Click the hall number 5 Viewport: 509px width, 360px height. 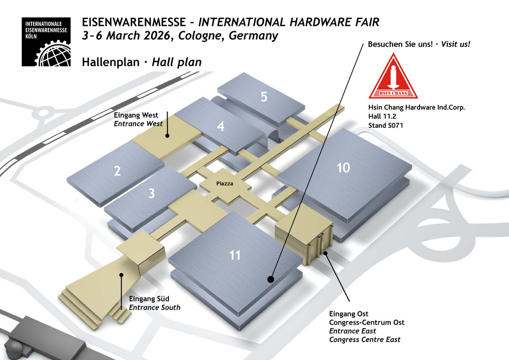(x=264, y=97)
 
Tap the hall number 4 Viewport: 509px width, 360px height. (x=221, y=127)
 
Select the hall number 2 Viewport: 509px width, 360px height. (x=117, y=172)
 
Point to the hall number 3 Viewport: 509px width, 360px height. (x=152, y=193)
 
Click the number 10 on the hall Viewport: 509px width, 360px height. (x=343, y=168)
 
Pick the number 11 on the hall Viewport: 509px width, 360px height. (x=235, y=256)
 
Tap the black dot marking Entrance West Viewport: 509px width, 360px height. (x=168, y=135)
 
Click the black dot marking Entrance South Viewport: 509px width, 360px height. (x=121, y=274)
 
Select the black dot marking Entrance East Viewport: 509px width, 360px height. (x=326, y=254)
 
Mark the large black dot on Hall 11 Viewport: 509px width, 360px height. (x=270, y=279)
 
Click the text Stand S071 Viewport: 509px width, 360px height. (x=385, y=125)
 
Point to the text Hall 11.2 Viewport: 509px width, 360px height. (x=381, y=116)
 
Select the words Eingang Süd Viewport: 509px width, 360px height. (x=149, y=299)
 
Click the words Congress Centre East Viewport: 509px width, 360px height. (x=364, y=340)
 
